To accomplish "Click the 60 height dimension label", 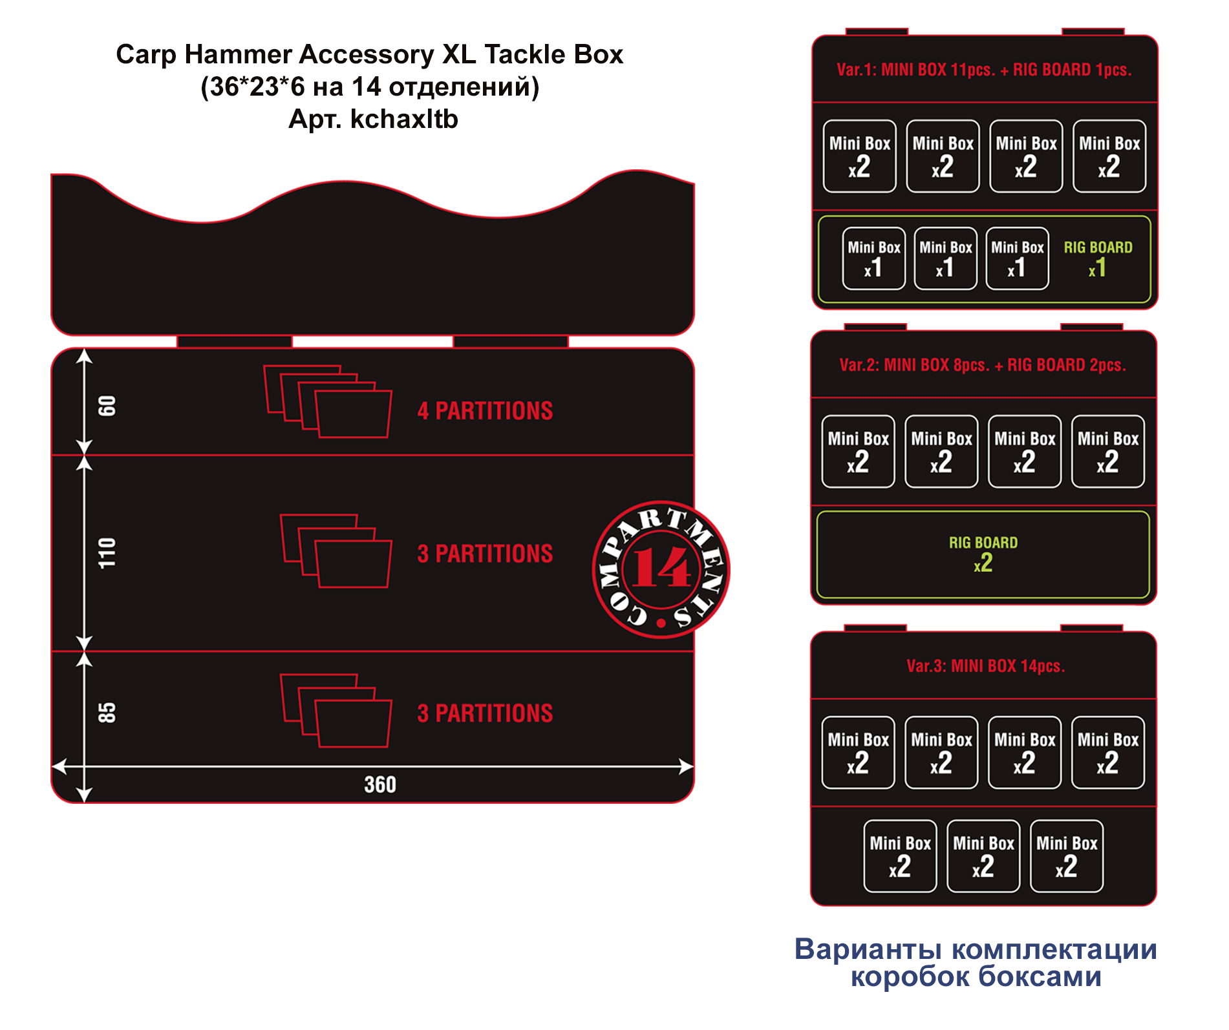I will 107,406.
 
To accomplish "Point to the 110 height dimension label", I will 107,553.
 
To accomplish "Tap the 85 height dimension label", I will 107,713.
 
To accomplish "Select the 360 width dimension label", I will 380,784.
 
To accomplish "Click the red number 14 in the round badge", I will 661,569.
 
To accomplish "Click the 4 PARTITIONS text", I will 485,411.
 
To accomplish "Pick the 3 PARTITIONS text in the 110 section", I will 485,554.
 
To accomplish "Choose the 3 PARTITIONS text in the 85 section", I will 485,713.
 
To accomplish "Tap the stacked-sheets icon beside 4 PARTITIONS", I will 328,401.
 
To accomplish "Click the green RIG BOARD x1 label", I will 1098,258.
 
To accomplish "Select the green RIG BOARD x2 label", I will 983,554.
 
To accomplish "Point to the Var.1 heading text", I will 984,70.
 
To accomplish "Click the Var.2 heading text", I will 983,365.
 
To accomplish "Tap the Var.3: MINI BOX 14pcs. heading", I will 985,666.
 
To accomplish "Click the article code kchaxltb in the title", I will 404,119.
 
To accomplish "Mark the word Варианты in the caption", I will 868,949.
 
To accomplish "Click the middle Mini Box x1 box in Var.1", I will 945,258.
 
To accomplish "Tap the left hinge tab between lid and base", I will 235,341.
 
